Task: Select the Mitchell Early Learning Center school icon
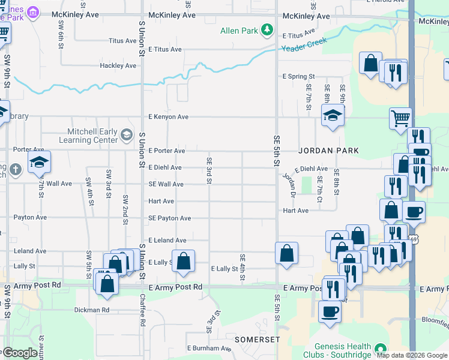(x=126, y=135)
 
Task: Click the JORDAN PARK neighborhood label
(x=329, y=151)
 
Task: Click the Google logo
(x=19, y=353)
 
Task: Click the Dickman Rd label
(x=92, y=310)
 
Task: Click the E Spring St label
(x=298, y=77)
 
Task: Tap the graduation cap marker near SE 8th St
(x=332, y=115)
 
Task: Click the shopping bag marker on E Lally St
(x=184, y=260)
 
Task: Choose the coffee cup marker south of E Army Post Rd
(x=329, y=312)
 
